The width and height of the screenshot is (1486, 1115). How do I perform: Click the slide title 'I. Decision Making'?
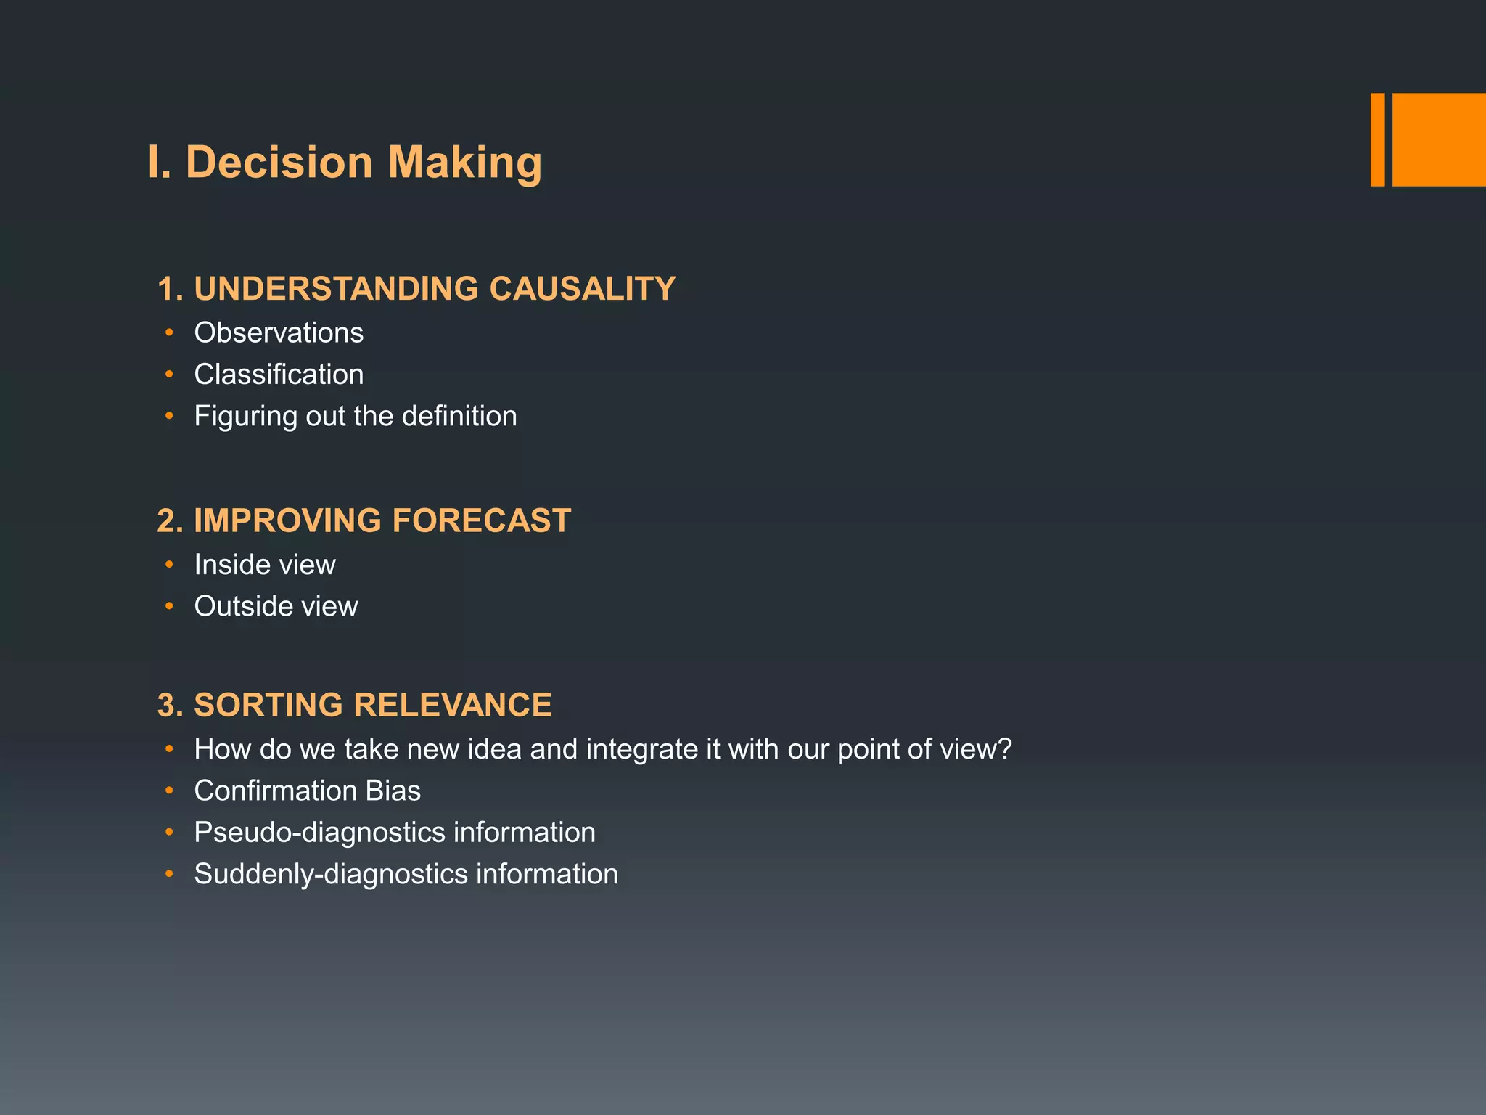pos(345,162)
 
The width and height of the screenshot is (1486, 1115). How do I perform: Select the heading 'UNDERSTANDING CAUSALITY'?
pos(435,289)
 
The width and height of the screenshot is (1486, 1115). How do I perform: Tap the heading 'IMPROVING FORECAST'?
pos(382,521)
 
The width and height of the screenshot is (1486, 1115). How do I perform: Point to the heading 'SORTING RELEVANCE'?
pos(373,706)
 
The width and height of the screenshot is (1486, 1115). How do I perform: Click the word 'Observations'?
pos(279,333)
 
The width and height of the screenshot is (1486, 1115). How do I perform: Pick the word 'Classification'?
pos(279,375)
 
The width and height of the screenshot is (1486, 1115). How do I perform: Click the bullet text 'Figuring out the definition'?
pos(356,417)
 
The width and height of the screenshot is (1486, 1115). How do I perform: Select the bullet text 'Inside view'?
pos(265,565)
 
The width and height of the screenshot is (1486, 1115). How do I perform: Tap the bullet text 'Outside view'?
pos(276,607)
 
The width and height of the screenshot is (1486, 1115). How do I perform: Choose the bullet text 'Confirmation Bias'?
pos(307,791)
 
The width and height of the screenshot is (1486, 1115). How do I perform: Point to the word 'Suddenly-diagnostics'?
pos(331,875)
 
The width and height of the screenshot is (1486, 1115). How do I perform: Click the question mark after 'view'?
pos(1005,749)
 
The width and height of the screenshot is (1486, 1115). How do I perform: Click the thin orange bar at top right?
pos(1377,139)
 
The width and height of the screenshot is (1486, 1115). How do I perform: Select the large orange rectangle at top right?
pos(1439,139)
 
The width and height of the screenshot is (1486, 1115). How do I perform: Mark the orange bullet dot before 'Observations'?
pos(169,333)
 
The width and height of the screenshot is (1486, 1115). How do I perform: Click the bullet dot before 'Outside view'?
pos(169,606)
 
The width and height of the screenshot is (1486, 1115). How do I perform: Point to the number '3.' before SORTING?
pos(171,706)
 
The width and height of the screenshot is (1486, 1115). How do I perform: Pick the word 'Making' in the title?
pos(464,163)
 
